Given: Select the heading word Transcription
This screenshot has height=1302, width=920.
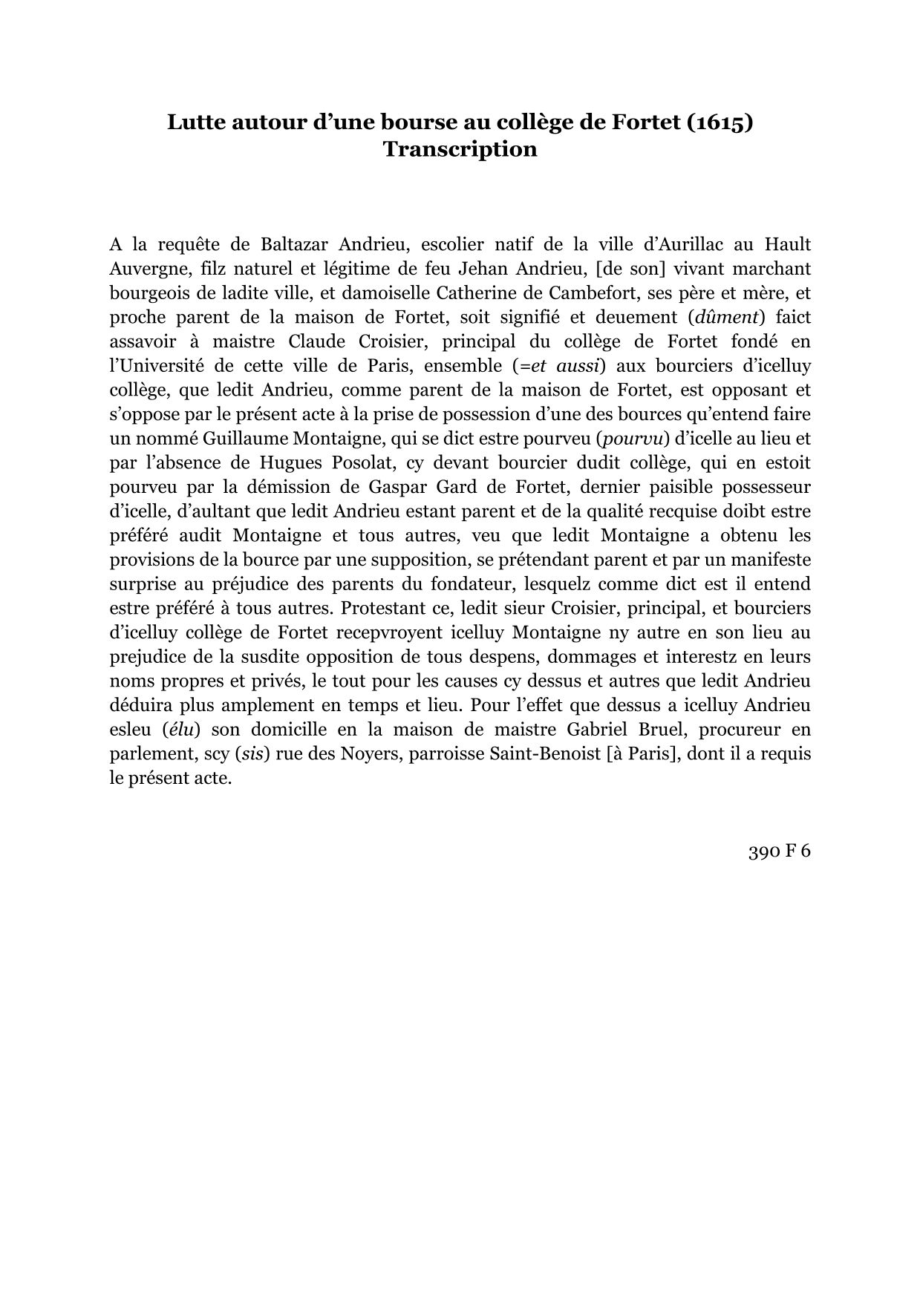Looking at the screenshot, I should [460, 149].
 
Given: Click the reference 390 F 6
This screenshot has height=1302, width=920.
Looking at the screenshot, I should [778, 851].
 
